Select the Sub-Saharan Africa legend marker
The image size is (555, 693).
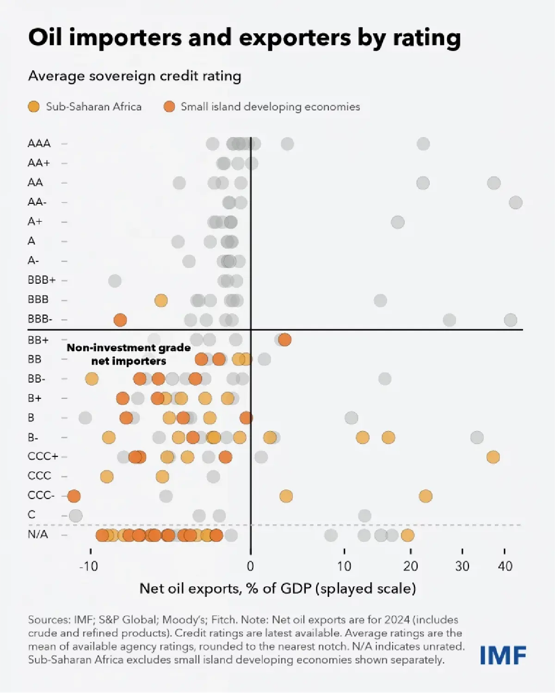pyautogui.click(x=34, y=107)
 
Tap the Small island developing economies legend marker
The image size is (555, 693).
pyautogui.click(x=169, y=107)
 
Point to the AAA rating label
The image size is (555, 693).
pyautogui.click(x=39, y=143)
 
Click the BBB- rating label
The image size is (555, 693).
pyautogui.click(x=40, y=319)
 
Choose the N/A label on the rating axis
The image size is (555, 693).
pyautogui.click(x=38, y=535)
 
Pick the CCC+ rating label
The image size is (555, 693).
pyautogui.click(x=43, y=456)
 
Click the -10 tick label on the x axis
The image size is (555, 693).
pyautogui.click(x=88, y=566)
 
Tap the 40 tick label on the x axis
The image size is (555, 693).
pyautogui.click(x=505, y=566)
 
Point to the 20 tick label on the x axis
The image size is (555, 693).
pyautogui.click(x=410, y=566)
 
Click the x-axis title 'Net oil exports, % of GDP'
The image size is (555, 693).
pyautogui.click(x=277, y=589)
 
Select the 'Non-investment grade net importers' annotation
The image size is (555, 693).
pyautogui.click(x=129, y=354)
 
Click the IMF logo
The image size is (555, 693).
pyautogui.click(x=503, y=655)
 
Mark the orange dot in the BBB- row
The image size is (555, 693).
pyautogui.click(x=120, y=320)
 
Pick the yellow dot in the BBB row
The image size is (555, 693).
pyautogui.click(x=161, y=300)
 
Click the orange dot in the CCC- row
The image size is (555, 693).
pyautogui.click(x=74, y=496)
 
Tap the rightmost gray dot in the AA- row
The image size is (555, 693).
pyautogui.click(x=516, y=202)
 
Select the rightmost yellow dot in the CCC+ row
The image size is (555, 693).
pyautogui.click(x=493, y=457)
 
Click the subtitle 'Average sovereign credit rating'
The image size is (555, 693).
pyautogui.click(x=135, y=76)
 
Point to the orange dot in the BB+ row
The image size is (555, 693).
pyautogui.click(x=285, y=340)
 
